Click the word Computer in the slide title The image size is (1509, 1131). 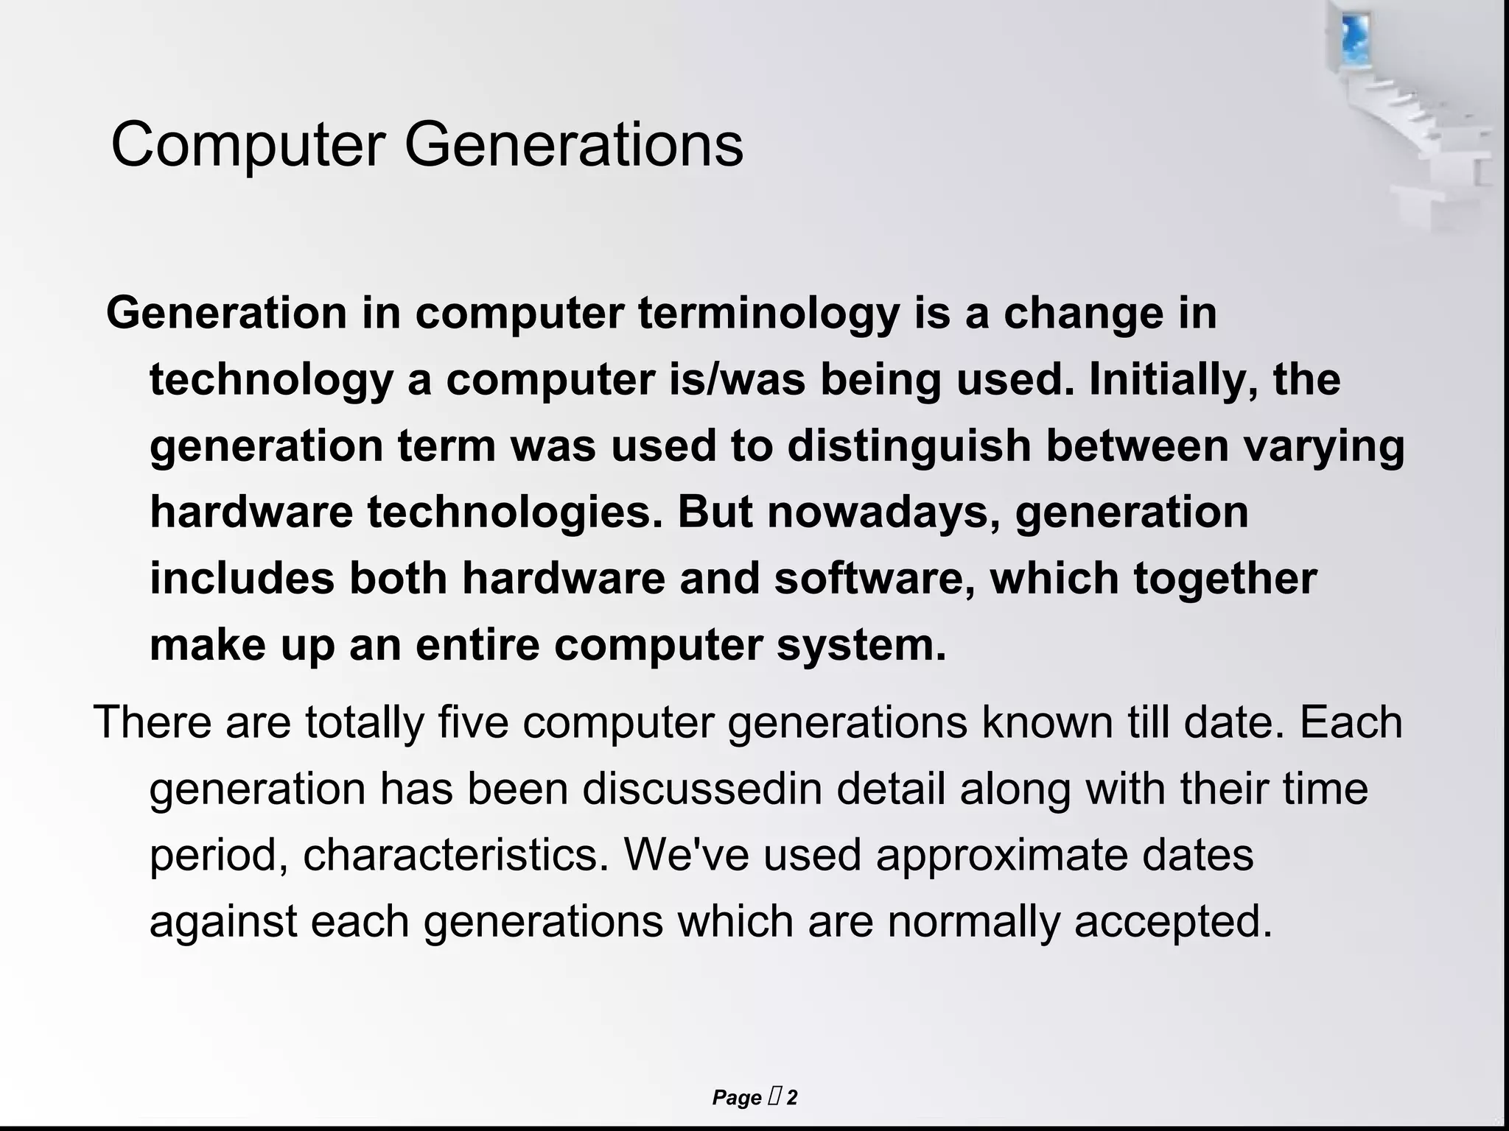248,145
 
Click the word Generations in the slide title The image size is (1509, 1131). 573,145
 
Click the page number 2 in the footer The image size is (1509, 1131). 792,1098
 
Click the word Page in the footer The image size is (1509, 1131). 736,1098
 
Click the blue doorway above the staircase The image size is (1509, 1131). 1354,37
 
